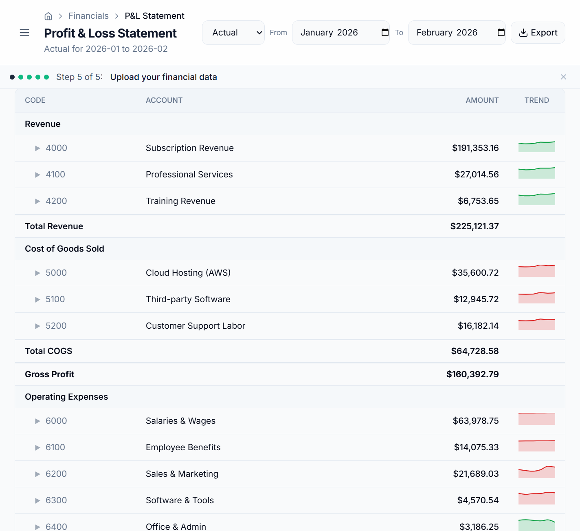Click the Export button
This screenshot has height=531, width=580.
coord(538,33)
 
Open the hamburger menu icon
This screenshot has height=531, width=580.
coord(24,33)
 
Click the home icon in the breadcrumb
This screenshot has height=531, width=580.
coord(48,16)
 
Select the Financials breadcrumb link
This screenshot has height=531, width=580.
coord(88,16)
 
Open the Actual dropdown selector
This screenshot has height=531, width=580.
coord(233,33)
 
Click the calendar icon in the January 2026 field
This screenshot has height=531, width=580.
coord(385,33)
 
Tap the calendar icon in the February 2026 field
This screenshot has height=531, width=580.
coord(501,33)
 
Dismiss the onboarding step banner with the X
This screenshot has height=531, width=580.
coord(563,77)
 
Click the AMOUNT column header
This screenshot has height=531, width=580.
coord(482,100)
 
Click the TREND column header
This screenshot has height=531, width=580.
coord(536,100)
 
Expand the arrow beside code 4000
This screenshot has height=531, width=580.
coord(37,148)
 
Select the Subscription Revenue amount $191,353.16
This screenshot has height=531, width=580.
coord(475,148)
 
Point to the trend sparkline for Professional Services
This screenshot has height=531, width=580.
coord(536,173)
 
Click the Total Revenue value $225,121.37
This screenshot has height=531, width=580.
coord(474,226)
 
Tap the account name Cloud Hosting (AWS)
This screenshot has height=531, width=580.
coord(188,273)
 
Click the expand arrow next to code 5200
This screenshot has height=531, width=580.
coord(37,326)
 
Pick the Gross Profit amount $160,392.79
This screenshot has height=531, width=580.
coord(472,374)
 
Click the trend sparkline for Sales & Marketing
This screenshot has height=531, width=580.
coord(536,472)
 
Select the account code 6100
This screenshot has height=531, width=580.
coord(55,447)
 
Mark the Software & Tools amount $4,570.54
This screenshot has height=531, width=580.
coord(478,500)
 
